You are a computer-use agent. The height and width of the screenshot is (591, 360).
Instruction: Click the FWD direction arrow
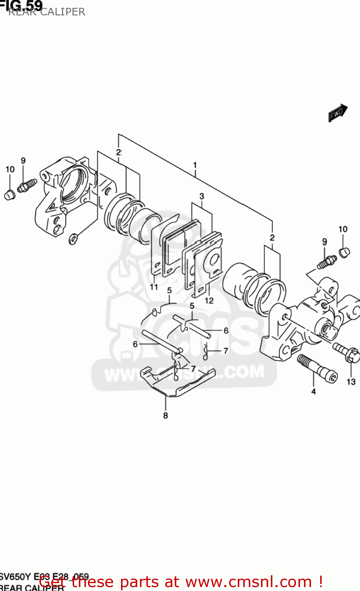pos(338,113)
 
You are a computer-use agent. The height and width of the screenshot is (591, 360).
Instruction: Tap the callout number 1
pos(195,165)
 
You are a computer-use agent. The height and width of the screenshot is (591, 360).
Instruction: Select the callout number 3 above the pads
pos(201,196)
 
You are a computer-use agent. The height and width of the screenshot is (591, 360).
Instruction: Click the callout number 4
pos(313,391)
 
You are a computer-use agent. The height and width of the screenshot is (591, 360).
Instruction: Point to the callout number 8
pos(166,415)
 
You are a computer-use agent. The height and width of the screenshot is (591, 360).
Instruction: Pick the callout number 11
pos(154,287)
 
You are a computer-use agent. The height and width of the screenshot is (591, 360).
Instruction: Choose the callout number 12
pos(209,300)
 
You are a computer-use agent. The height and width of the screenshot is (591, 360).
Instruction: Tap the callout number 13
pos(351,381)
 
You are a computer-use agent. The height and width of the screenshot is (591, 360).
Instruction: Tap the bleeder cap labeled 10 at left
pos(9,194)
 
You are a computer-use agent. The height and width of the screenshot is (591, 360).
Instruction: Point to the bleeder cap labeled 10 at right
pos(344,252)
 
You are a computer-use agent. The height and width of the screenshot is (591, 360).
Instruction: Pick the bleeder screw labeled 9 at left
pos(27,185)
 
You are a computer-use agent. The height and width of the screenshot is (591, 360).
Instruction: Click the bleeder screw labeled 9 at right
pos(326,262)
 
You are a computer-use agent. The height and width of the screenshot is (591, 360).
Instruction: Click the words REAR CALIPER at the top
pos(47,12)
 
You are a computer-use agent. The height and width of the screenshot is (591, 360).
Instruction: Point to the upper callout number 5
pos(170,291)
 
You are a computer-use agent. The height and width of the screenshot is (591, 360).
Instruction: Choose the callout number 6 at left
pos(135,344)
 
